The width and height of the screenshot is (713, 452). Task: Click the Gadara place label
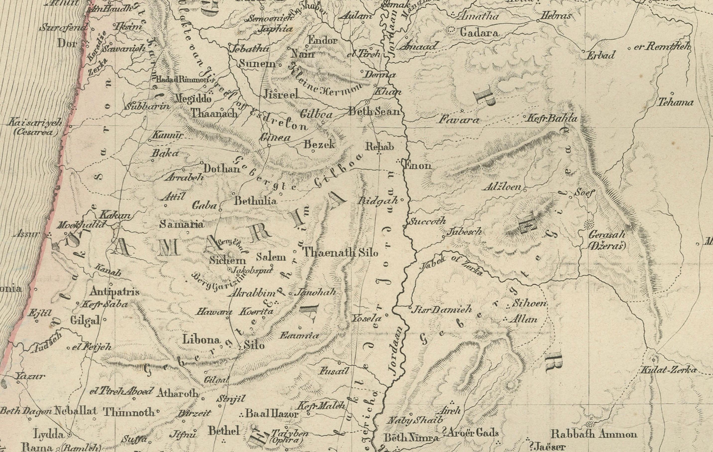coord(479,33)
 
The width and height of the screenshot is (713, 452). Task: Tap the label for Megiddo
coord(193,98)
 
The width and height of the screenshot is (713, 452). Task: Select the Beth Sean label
coord(374,112)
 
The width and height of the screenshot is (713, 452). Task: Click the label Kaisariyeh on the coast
coord(35,122)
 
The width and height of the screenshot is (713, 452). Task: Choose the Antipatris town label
coord(114,292)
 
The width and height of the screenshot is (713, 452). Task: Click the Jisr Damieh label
coord(442,310)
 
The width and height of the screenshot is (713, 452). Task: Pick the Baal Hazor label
coord(272,414)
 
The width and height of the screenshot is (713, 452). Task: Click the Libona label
coord(201,339)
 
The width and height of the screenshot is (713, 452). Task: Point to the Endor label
coord(322,40)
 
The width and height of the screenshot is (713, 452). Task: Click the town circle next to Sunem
coord(280,64)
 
